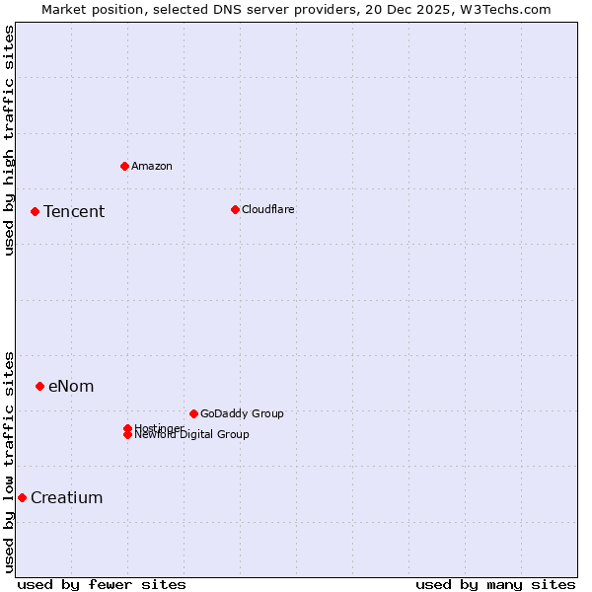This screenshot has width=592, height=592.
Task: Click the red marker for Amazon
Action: (x=124, y=166)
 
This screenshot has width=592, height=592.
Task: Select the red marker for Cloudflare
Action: (x=235, y=209)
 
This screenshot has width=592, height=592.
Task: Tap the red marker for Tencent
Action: (x=35, y=211)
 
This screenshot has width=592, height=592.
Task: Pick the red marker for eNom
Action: (x=39, y=386)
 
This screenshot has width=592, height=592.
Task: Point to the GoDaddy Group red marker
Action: (x=193, y=413)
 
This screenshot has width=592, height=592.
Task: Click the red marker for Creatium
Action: (x=22, y=497)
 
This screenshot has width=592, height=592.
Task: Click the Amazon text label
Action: (x=152, y=166)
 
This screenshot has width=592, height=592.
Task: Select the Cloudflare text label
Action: (x=268, y=209)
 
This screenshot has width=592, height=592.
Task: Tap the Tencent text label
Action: (x=74, y=212)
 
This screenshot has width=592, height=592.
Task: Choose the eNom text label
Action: (x=71, y=387)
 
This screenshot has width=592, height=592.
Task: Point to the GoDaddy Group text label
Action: (x=242, y=413)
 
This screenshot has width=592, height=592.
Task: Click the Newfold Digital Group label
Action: (x=192, y=435)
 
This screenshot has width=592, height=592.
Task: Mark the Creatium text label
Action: (x=67, y=498)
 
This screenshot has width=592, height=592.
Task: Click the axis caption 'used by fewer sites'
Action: (x=102, y=584)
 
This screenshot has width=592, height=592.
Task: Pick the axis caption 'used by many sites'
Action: (x=495, y=584)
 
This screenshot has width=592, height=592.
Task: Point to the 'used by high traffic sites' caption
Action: (x=9, y=140)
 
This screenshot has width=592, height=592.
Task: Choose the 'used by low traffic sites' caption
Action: (x=9, y=462)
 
